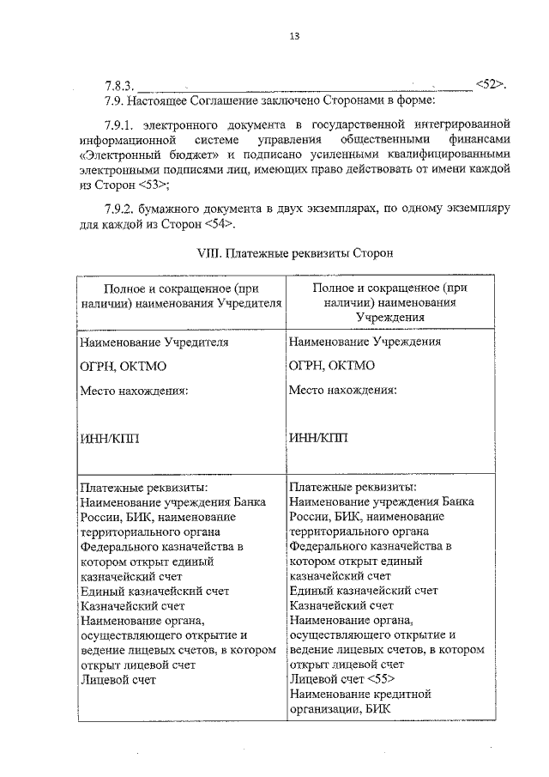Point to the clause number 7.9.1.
(120, 124)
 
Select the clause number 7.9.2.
(120, 209)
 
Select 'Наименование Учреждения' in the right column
(365, 341)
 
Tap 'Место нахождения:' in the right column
(342, 390)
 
